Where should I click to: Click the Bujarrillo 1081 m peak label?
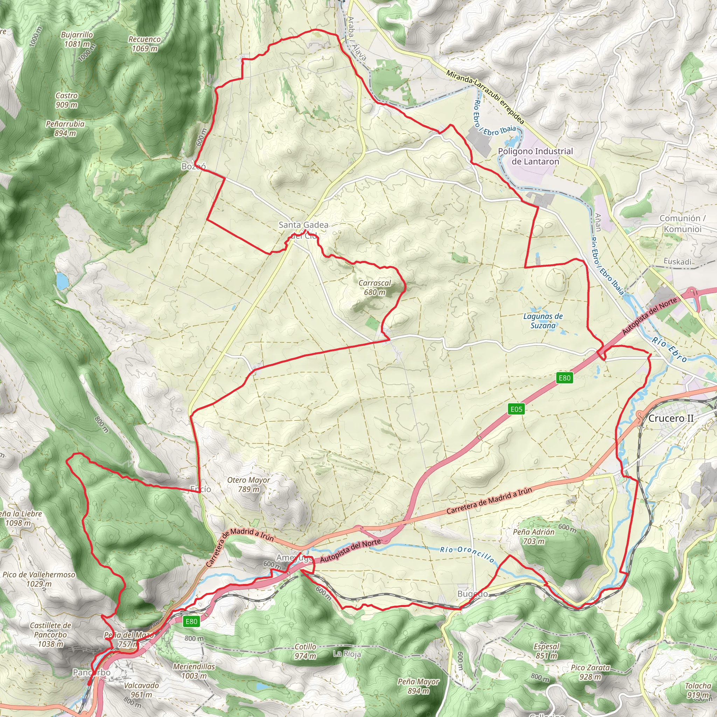coord(77,39)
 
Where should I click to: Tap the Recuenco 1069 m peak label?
coord(144,44)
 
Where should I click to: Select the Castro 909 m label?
coord(67,100)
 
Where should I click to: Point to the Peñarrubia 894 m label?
coord(65,128)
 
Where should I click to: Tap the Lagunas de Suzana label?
coord(543,321)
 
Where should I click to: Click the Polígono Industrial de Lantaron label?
coord(535,156)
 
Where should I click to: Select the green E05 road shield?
coord(516,409)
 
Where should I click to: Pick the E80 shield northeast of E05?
coord(564,378)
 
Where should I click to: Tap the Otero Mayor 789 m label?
coord(248,485)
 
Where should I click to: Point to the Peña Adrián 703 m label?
coord(534,537)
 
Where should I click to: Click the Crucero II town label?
coord(670,418)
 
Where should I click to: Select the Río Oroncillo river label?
coord(467,554)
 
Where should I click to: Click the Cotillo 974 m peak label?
coord(305,651)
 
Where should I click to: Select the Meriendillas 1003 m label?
coord(194,671)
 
